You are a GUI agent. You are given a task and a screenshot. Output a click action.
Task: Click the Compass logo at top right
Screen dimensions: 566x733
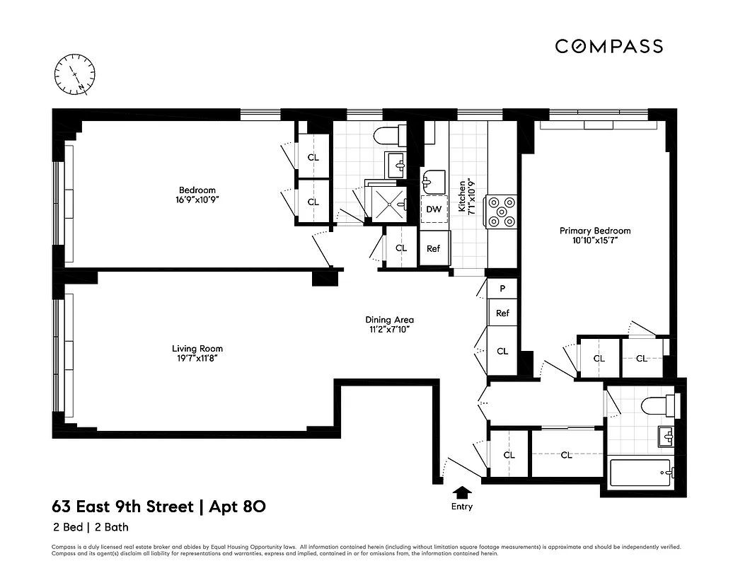(x=608, y=47)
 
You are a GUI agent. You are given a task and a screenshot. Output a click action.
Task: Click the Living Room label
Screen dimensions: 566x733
(x=197, y=348)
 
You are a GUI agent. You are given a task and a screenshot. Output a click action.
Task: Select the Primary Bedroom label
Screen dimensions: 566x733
(x=594, y=231)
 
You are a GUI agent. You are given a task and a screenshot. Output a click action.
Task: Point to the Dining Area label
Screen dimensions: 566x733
(x=389, y=319)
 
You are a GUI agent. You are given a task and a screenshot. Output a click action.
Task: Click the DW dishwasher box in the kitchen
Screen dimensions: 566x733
(x=434, y=209)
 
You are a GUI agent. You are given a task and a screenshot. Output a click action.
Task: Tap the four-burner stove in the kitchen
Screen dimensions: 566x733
(x=502, y=212)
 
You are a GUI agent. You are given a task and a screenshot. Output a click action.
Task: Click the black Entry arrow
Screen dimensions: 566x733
(x=462, y=491)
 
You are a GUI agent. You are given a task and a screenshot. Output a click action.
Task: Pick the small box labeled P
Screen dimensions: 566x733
(x=502, y=289)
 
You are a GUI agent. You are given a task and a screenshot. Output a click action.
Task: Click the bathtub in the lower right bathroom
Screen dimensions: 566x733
(x=640, y=472)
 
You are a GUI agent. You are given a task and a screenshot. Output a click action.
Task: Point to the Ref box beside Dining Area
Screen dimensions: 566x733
(x=502, y=313)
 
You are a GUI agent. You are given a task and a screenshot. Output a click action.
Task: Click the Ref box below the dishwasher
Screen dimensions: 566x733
(x=434, y=249)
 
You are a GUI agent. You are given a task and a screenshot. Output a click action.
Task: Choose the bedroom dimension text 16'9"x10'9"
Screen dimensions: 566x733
(x=197, y=200)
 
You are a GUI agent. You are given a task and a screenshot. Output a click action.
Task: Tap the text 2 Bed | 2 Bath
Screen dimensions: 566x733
(x=90, y=527)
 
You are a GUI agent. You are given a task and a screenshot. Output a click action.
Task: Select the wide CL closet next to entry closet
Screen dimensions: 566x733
(x=566, y=455)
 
